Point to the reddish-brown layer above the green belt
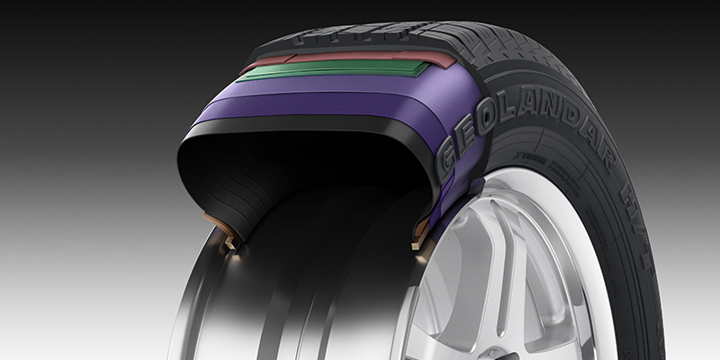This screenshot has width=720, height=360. pos(342,57)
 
